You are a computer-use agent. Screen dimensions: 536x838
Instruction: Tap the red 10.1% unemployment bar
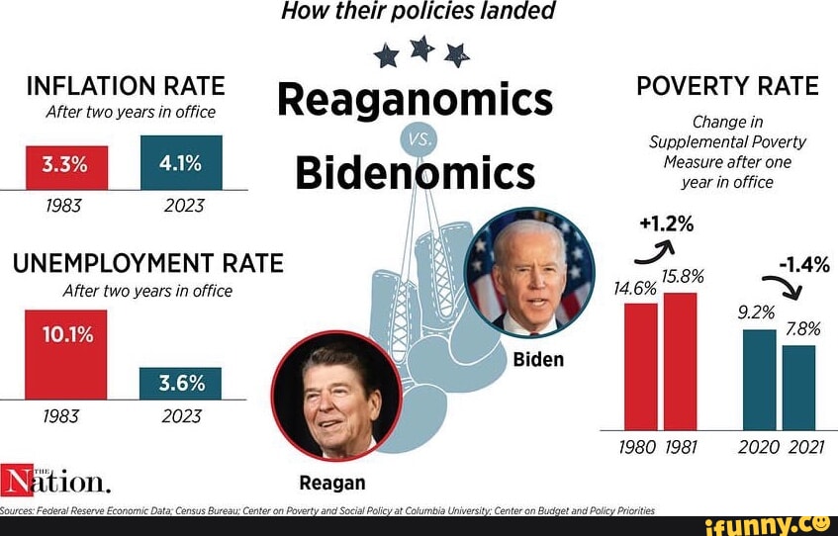(x=66, y=354)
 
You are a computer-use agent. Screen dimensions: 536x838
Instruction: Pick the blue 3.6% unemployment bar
(x=181, y=383)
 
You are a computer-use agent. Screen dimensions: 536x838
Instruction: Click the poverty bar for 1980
(x=641, y=366)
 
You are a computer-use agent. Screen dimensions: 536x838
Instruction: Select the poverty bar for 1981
(x=681, y=361)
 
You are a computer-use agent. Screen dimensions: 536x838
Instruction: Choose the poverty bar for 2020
(x=760, y=380)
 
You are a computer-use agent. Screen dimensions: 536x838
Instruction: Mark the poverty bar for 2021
(x=799, y=388)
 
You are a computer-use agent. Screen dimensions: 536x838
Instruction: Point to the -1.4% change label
(x=803, y=264)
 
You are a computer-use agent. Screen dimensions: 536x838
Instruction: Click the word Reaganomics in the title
(x=415, y=100)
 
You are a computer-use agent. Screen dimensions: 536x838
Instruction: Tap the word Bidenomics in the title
(x=415, y=173)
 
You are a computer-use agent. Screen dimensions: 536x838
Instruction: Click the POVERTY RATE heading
(x=727, y=86)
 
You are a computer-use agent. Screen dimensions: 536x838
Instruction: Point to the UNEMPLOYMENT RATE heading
(x=147, y=263)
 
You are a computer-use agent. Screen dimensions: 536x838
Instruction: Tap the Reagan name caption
(x=332, y=483)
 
